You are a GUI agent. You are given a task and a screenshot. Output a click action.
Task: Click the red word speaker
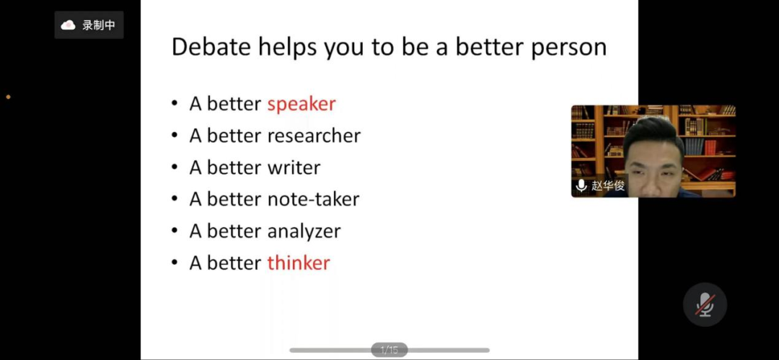(302, 104)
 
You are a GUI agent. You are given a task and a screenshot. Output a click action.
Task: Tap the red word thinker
(299, 263)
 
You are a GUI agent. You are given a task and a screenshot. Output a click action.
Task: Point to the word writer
(294, 167)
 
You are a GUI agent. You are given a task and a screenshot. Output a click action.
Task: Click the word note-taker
(313, 199)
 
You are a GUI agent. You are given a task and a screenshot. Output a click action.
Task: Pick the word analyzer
(304, 231)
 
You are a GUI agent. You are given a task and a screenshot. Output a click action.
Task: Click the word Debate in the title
(211, 47)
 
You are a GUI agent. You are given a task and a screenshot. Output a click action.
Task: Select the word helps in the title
(288, 48)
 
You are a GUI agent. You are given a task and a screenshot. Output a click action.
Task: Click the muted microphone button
(705, 304)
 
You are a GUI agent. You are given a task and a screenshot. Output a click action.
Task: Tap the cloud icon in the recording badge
(68, 25)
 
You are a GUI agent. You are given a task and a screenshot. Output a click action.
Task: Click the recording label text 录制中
(98, 25)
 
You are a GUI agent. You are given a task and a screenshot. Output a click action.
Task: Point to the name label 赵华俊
(608, 186)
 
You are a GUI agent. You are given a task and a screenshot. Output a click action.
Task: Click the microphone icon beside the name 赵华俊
(581, 186)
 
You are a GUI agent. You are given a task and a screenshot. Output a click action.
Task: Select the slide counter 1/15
(389, 350)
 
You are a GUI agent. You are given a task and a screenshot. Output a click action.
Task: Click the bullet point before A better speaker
(175, 105)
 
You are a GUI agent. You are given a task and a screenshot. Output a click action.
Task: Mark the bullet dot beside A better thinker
(175, 263)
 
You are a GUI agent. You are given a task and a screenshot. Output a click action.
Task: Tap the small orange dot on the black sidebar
(8, 97)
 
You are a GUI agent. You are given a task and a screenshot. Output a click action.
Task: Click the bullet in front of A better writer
(175, 167)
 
